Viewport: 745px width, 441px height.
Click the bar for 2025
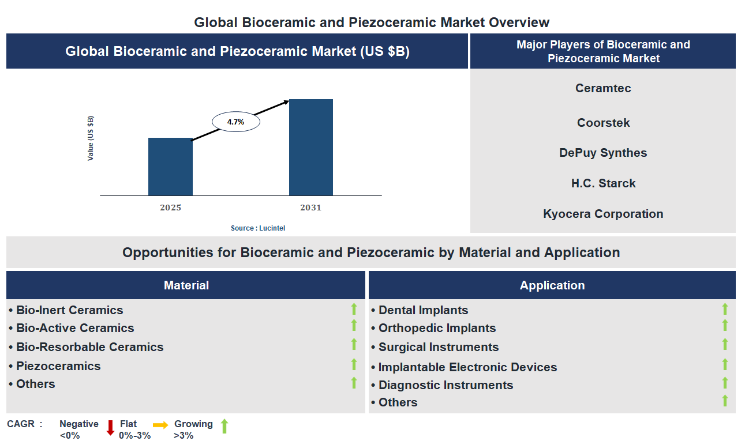[170, 167]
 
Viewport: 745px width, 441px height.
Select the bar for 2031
[311, 148]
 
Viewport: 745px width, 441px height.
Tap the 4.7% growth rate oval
[235, 122]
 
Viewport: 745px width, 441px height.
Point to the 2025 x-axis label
[170, 208]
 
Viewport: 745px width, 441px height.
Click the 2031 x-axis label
[311, 208]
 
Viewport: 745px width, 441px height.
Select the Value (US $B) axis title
[91, 138]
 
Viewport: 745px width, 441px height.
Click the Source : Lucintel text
[258, 228]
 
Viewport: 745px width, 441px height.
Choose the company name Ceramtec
[603, 88]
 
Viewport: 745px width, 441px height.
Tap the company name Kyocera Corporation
[603, 214]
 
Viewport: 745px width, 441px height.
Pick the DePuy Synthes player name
[603, 153]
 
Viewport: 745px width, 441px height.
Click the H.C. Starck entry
[603, 183]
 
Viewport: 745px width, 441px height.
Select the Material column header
[186, 285]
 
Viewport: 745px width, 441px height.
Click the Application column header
[552, 285]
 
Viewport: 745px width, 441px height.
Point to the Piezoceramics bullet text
[58, 366]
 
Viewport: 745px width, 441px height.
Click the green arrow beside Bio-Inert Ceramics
[354, 310]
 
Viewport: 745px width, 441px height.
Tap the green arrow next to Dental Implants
[725, 310]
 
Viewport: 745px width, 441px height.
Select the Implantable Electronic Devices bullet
[467, 367]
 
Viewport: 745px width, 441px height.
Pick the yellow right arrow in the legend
[160, 425]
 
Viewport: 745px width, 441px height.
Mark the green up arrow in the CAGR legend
[224, 427]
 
